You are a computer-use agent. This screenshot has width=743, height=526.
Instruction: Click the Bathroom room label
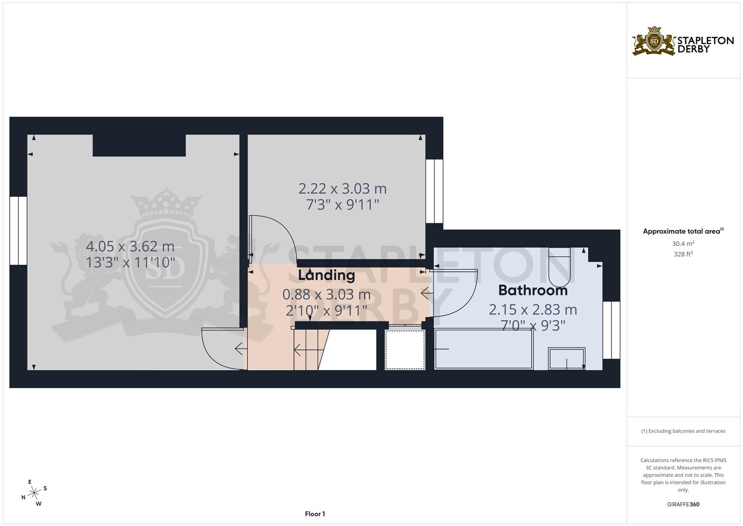click(x=533, y=290)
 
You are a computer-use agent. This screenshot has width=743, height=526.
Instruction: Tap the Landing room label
click(x=326, y=275)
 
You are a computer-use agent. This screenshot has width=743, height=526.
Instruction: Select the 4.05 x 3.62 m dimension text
click(x=130, y=246)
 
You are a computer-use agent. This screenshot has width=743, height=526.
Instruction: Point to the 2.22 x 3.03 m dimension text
click(x=342, y=188)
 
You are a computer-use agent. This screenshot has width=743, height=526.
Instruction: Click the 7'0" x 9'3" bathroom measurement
click(x=533, y=325)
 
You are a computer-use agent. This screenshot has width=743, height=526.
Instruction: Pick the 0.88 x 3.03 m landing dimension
click(x=326, y=295)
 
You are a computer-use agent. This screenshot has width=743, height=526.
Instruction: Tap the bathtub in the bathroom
click(x=483, y=349)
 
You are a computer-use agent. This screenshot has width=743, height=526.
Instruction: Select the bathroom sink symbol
click(x=567, y=358)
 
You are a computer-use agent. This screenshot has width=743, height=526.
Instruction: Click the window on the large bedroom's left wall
click(x=18, y=231)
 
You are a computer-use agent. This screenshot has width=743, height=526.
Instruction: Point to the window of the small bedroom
click(x=434, y=191)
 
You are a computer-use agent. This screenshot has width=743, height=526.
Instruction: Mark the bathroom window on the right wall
click(x=611, y=330)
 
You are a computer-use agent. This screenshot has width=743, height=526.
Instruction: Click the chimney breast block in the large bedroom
click(x=139, y=146)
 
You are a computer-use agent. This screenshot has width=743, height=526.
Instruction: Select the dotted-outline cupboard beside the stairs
click(x=405, y=349)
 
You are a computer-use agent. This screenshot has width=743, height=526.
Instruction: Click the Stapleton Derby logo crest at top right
click(x=654, y=41)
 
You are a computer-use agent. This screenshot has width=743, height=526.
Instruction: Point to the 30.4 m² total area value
click(x=683, y=244)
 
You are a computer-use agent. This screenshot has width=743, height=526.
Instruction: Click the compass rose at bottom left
click(x=34, y=493)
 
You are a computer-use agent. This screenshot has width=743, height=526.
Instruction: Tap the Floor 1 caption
click(x=315, y=514)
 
